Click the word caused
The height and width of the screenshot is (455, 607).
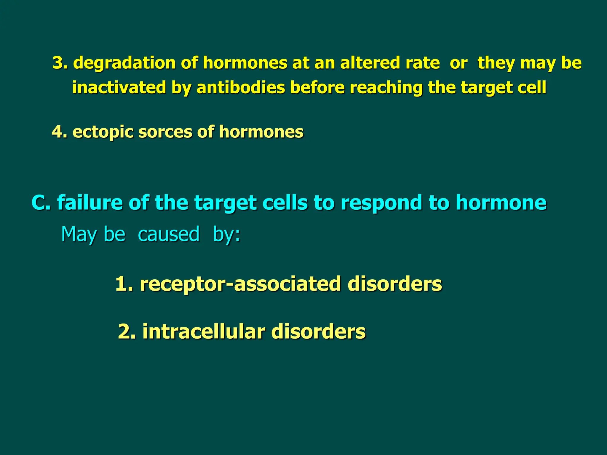click(169, 234)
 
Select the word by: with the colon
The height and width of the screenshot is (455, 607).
click(226, 234)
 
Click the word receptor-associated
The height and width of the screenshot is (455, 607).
click(240, 284)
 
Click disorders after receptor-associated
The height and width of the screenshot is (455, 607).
click(394, 284)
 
